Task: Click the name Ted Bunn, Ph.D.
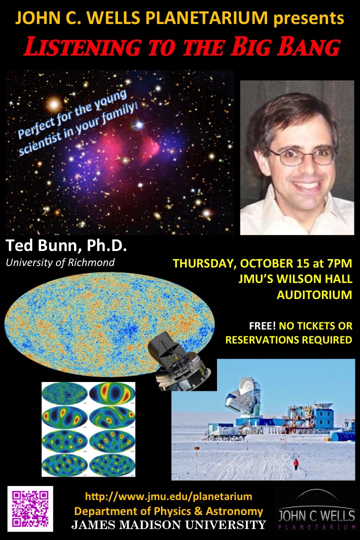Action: tap(66, 245)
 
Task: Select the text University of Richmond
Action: tap(60, 262)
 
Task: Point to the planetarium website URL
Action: tap(169, 496)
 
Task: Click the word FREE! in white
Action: tap(262, 325)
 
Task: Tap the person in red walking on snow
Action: tap(296, 464)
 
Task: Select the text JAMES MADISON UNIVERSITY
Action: tap(168, 524)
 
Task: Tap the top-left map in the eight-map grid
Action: tap(65, 393)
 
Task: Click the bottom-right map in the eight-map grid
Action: tap(111, 465)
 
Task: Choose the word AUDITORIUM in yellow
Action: tap(314, 295)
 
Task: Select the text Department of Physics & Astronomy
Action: tap(168, 510)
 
